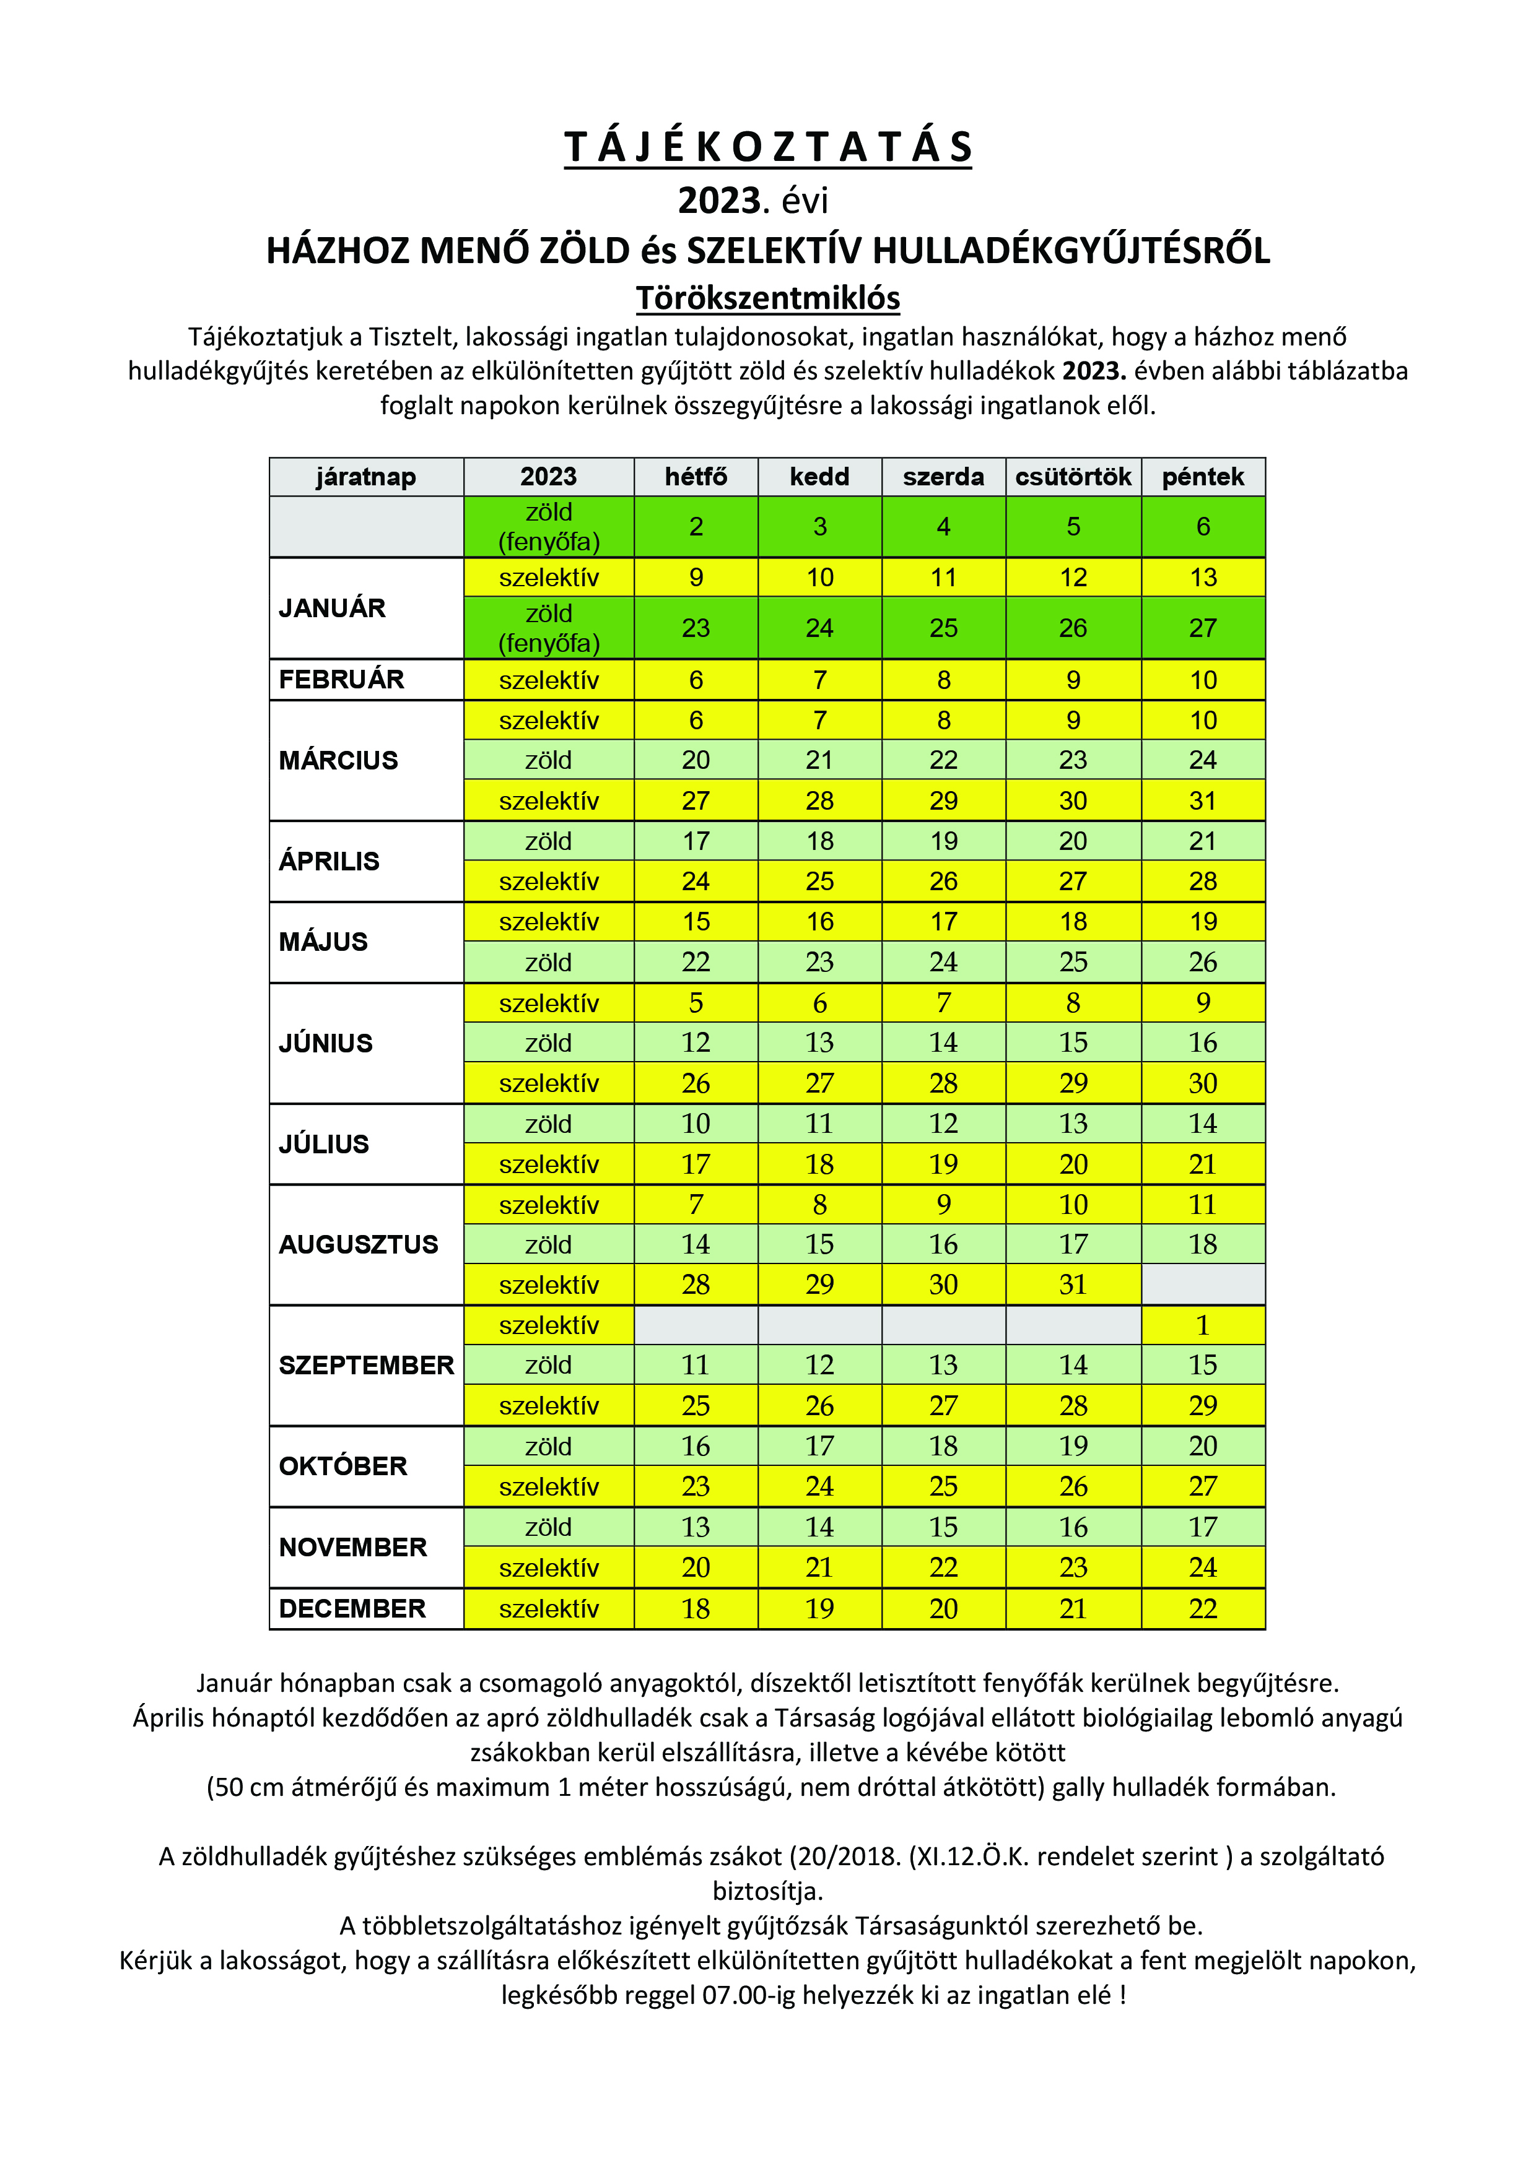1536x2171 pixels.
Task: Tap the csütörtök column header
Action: click(x=1073, y=477)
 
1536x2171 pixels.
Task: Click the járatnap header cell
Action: click(x=366, y=477)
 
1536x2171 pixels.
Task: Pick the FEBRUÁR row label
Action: click(x=341, y=679)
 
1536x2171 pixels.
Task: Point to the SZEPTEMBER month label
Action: click(x=366, y=1366)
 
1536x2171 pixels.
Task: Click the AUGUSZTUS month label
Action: click(x=359, y=1244)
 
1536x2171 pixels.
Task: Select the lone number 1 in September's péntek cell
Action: click(x=1202, y=1325)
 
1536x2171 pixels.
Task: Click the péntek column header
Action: click(x=1202, y=477)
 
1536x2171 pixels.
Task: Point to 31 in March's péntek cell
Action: click(x=1202, y=801)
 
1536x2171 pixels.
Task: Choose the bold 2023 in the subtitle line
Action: click(x=719, y=201)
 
